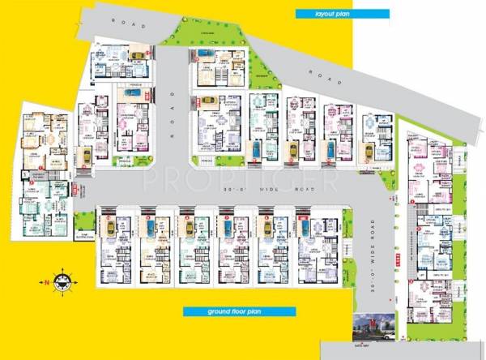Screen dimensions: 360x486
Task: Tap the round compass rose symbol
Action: tap(62, 281)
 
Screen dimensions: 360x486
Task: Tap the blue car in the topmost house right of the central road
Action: tap(204, 57)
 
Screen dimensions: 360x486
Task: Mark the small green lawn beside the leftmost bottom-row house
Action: tap(84, 221)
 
